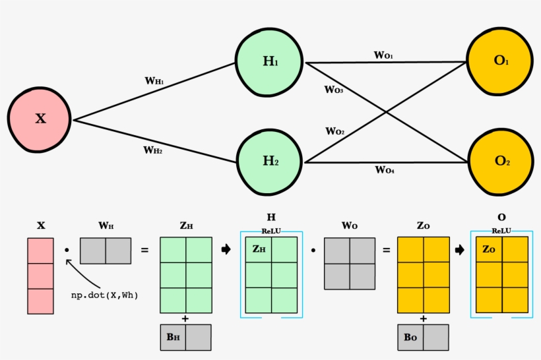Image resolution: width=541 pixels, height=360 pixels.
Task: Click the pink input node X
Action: coord(40,119)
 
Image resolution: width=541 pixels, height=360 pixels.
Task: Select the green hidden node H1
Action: coord(270,61)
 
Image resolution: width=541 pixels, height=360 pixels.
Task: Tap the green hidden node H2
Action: coord(270,161)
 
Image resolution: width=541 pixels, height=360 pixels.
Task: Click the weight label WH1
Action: coord(154,81)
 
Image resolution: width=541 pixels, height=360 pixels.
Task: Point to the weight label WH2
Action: coord(153,150)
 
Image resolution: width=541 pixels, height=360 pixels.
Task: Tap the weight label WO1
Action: coord(383,55)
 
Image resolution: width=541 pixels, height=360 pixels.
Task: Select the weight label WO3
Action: coord(333,89)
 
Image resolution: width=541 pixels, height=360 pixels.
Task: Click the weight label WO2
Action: coord(334,131)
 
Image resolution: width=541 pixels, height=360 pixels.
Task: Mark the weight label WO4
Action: coord(385,170)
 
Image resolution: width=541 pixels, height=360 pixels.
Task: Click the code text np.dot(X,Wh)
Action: coord(105,295)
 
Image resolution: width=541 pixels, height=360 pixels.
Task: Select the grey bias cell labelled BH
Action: coord(173,337)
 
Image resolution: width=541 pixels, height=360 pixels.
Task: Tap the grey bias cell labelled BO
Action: coord(410,337)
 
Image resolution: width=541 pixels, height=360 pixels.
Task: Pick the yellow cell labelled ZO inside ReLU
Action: coord(489,249)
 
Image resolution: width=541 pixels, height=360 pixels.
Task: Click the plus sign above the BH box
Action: coord(185,318)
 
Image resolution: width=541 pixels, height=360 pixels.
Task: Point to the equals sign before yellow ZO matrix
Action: coord(387,251)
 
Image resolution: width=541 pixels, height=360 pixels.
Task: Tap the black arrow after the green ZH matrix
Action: coord(226,250)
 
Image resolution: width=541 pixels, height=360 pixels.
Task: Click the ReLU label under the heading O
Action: coord(501,231)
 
